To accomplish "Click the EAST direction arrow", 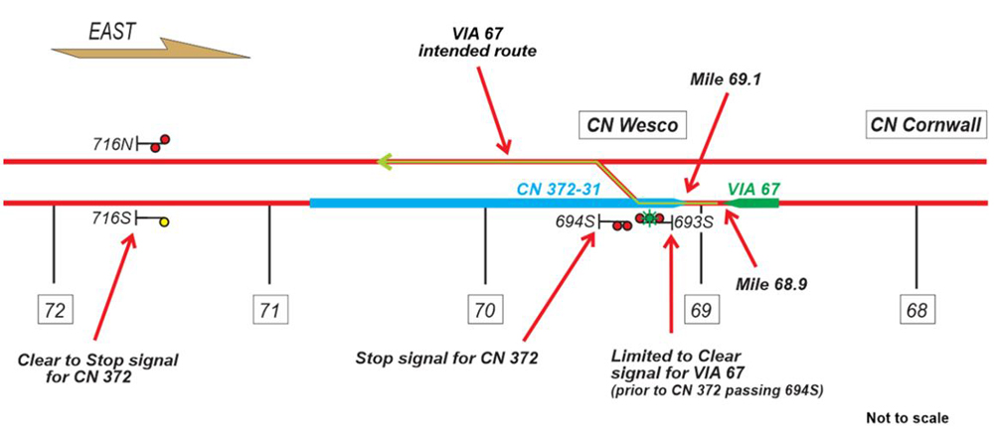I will point(149,44).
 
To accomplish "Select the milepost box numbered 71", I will point(269,310).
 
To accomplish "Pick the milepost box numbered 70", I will point(485,310).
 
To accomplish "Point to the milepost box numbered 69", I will point(701,310).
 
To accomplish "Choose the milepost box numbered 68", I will point(916,310).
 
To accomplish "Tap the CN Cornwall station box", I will point(925,125).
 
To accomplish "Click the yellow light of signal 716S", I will point(165,221).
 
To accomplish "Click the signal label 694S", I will point(576,222).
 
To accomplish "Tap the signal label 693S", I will point(694,222).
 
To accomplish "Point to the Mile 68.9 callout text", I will point(770,284).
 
